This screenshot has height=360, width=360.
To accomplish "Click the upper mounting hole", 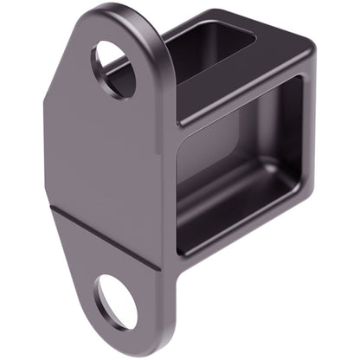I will [x=114, y=67].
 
